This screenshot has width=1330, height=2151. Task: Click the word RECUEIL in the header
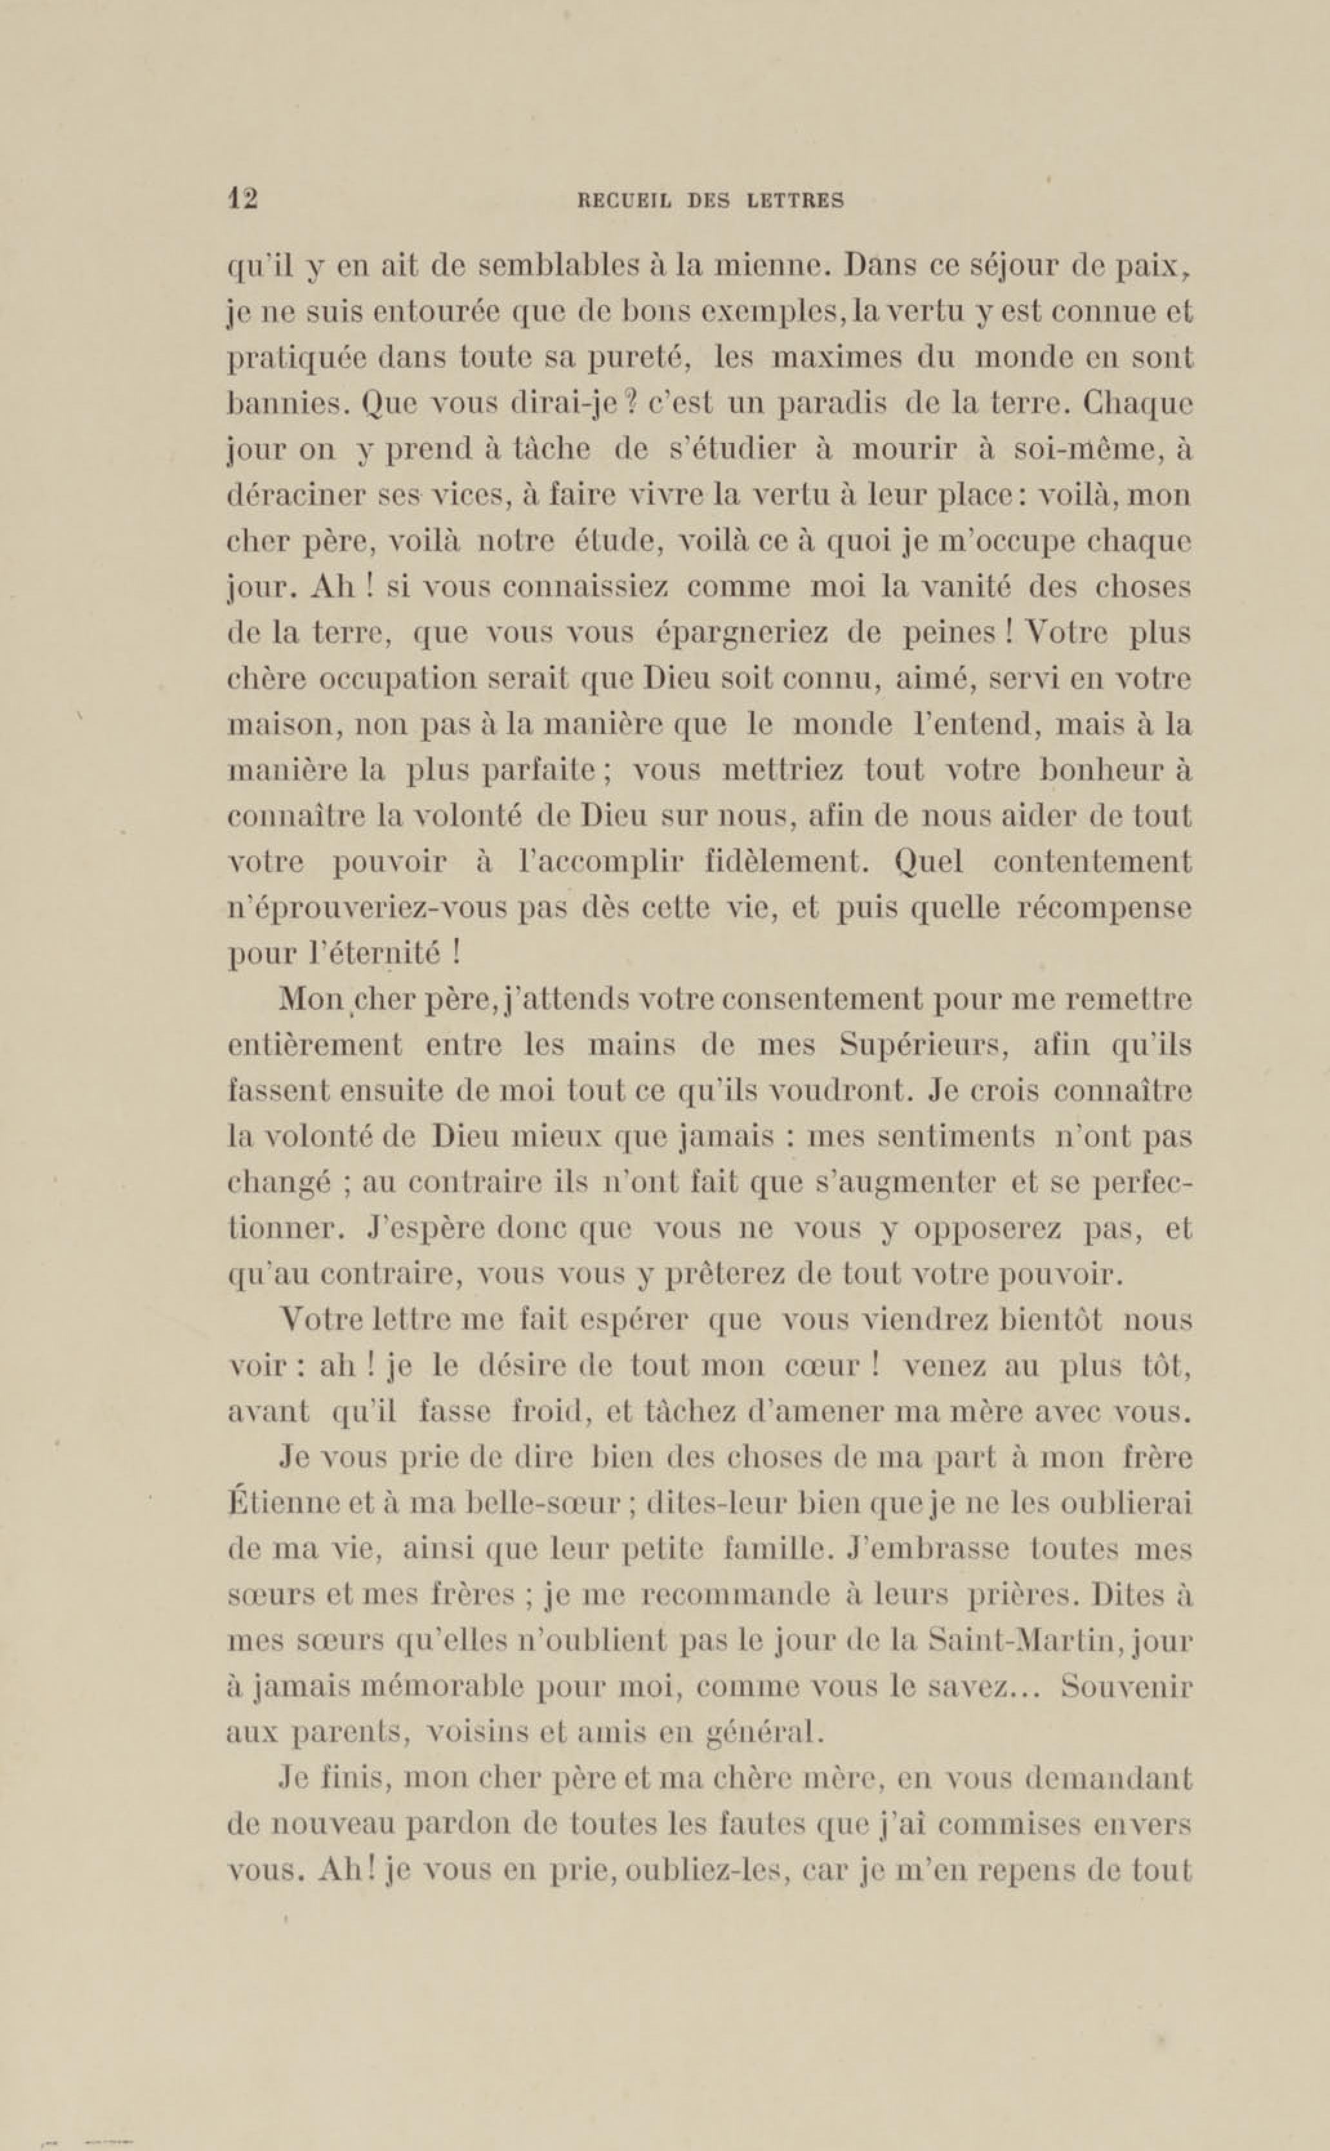pyautogui.click(x=625, y=200)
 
